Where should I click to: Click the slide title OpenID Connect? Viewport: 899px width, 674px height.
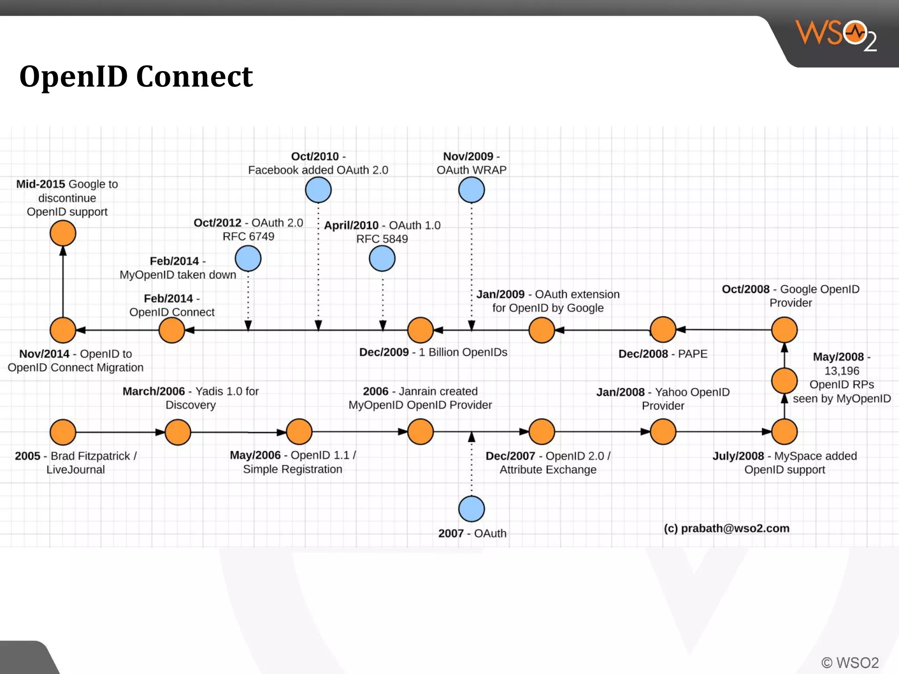[x=136, y=76]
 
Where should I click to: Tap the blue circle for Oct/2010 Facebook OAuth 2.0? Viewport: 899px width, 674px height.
[x=318, y=190]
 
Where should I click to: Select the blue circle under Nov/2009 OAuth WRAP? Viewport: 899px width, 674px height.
[x=471, y=190]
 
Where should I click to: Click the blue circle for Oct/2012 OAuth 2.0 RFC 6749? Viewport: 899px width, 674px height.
[x=248, y=258]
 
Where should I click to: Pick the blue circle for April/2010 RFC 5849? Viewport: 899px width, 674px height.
[x=382, y=258]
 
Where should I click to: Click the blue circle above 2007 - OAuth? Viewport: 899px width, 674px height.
[x=471, y=509]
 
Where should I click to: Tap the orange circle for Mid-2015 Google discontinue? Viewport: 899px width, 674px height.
[x=63, y=233]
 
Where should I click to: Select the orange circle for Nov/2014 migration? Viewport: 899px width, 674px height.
[x=63, y=330]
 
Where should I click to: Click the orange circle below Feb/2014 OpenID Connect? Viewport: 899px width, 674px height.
[x=172, y=330]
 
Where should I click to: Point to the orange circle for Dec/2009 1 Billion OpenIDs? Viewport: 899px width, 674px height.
[x=421, y=330]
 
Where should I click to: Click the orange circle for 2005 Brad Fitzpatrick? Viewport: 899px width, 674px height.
[x=63, y=432]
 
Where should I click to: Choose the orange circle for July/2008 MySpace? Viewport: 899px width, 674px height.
[x=784, y=432]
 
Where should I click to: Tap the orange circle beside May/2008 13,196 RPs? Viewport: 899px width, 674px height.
[x=784, y=381]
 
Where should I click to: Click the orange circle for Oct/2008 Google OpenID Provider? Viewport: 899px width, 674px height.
[x=784, y=330]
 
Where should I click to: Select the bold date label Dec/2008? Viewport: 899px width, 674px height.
[x=643, y=354]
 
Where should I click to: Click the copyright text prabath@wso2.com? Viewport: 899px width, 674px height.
[x=726, y=528]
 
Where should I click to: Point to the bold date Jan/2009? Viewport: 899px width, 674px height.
[x=500, y=294]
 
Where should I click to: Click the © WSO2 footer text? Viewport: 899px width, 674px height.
[x=850, y=663]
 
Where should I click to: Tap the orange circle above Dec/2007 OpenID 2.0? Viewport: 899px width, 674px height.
[x=542, y=432]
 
